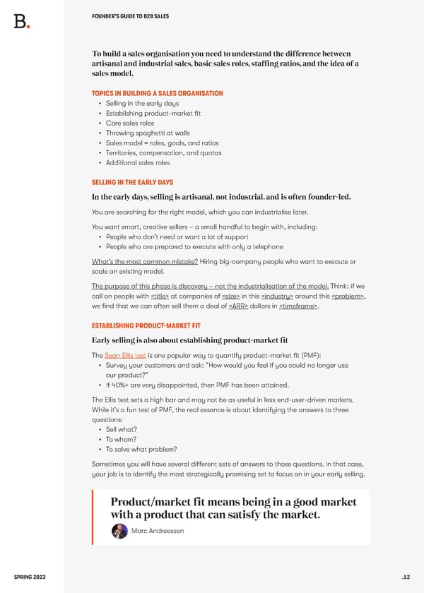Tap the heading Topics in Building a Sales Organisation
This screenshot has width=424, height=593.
(x=157, y=93)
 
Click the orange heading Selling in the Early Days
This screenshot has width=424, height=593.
(x=132, y=182)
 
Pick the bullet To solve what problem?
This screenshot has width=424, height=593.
(x=141, y=448)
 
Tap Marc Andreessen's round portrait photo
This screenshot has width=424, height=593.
(x=120, y=531)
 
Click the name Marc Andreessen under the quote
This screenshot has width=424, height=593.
(x=157, y=532)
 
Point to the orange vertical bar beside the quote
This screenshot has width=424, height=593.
(x=93, y=518)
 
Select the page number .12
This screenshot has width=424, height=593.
(x=405, y=575)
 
